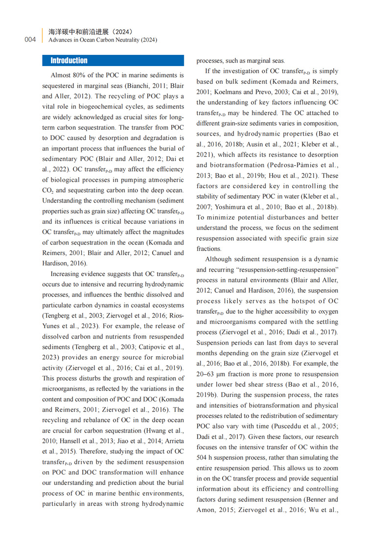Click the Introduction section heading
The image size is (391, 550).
(69, 61)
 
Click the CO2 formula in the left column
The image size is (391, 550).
(47, 190)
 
